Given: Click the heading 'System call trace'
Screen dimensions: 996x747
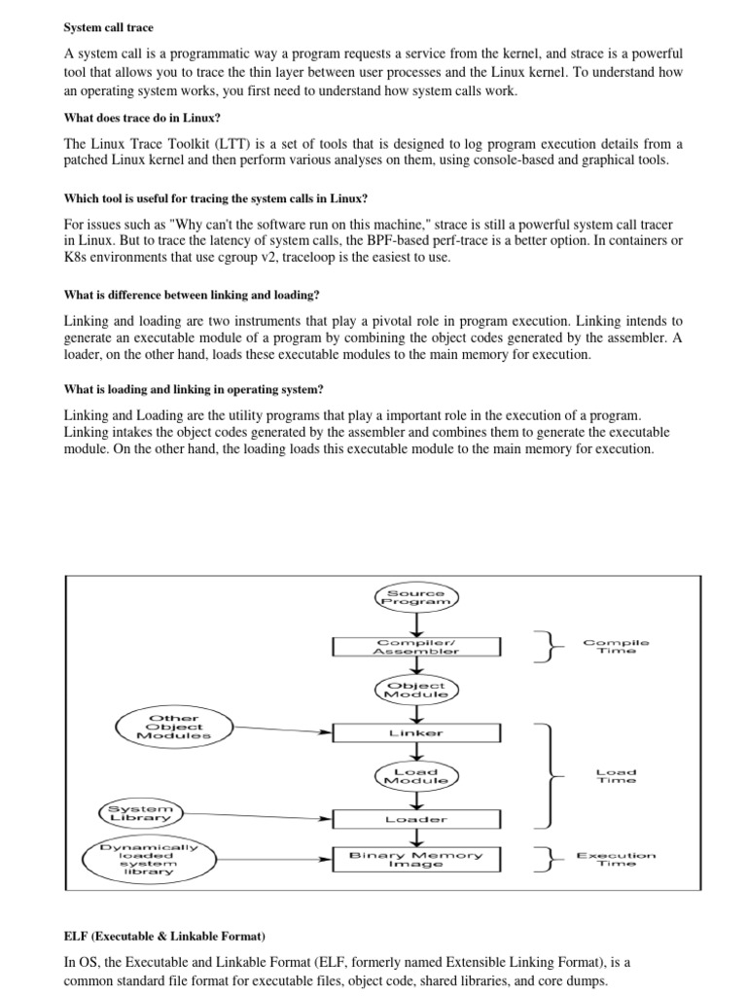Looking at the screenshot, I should (108, 27).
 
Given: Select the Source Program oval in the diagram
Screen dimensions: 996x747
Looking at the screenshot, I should (415, 598).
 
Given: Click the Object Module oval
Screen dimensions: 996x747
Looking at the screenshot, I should (415, 690).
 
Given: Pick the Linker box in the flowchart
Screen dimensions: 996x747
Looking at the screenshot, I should (416, 732).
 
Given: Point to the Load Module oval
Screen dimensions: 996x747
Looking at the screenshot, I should (415, 775).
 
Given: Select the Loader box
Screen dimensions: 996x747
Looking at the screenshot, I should (416, 819).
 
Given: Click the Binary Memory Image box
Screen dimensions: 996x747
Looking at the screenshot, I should (416, 859).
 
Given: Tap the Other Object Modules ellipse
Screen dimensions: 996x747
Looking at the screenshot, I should (174, 726).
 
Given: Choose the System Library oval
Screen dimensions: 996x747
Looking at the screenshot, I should (142, 812).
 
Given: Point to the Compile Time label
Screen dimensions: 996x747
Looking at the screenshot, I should (616, 647).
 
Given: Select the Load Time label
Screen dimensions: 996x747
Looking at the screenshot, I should (616, 775).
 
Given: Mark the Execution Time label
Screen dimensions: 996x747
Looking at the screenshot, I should (616, 859).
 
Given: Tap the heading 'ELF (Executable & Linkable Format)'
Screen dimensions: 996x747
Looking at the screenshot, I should (164, 937).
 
